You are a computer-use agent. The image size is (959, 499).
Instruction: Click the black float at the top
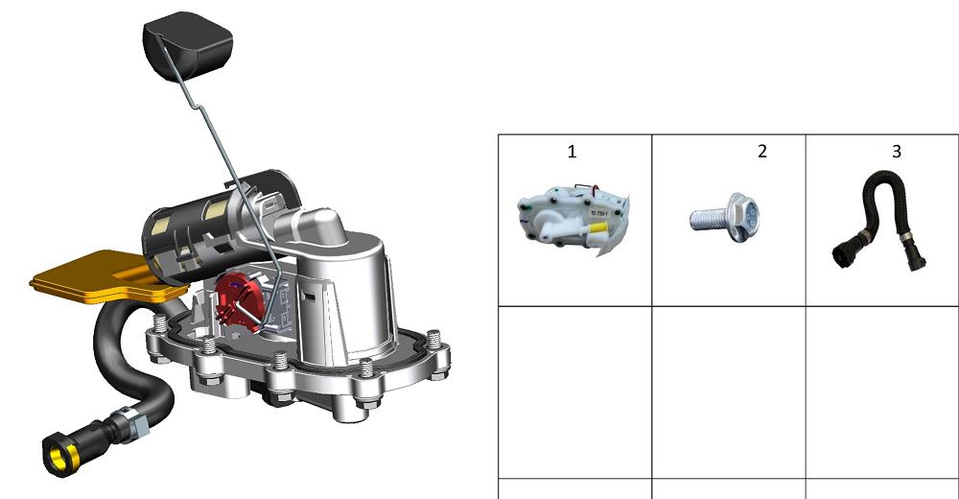point(188,46)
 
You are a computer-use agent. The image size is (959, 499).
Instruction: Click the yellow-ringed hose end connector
point(61,454)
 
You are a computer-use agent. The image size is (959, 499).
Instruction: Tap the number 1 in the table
point(572,152)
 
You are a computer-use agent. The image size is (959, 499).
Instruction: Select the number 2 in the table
point(762,152)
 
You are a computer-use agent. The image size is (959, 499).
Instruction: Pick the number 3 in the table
point(897,152)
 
